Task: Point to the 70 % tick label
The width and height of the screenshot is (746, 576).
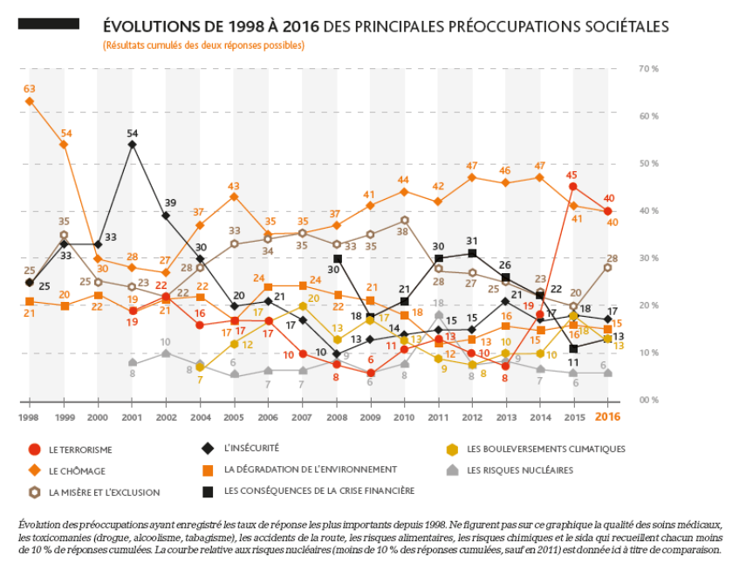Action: pyautogui.click(x=648, y=68)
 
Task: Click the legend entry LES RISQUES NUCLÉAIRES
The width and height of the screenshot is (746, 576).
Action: pyautogui.click(x=520, y=470)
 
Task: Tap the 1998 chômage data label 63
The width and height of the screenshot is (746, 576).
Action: pyautogui.click(x=30, y=88)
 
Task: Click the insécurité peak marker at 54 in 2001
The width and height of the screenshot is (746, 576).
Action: pyautogui.click(x=132, y=144)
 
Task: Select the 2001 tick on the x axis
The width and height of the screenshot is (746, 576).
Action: pyautogui.click(x=132, y=417)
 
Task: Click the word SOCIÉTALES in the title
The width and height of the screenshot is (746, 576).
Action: pyautogui.click(x=622, y=27)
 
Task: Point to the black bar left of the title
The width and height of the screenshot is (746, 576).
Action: pyautogui.click(x=48, y=24)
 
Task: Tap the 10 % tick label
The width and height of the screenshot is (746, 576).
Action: pyautogui.click(x=648, y=353)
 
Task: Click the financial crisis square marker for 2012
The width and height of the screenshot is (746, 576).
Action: pyautogui.click(x=472, y=253)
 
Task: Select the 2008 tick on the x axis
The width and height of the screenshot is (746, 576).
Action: pyautogui.click(x=337, y=417)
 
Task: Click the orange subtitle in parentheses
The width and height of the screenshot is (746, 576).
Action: pyautogui.click(x=203, y=45)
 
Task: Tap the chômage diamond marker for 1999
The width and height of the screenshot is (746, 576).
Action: pyautogui.click(x=64, y=144)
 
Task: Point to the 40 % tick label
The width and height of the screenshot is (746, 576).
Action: pyautogui.click(x=648, y=210)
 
